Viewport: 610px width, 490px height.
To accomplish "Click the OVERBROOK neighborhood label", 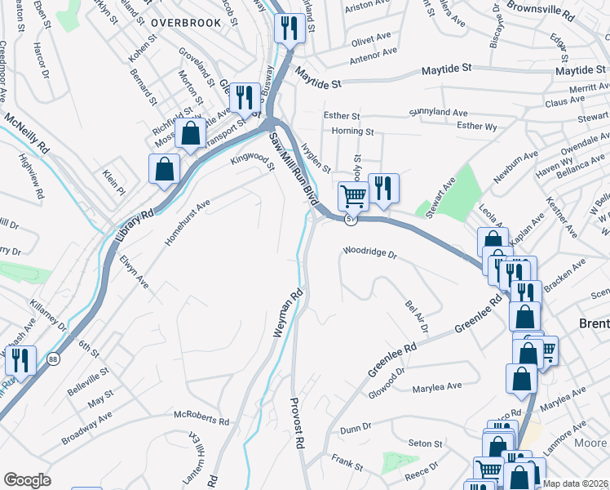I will coord(185,23).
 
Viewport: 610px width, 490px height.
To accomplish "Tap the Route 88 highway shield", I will coord(54,359).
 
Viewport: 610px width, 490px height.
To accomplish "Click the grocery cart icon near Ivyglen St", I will coord(353,196).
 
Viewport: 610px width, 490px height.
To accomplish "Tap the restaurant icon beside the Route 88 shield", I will coord(20,360).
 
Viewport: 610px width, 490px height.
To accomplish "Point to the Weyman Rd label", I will coord(287,313).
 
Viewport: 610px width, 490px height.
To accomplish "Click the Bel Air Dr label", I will coord(417,316).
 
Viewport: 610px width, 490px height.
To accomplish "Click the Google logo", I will coord(27,480).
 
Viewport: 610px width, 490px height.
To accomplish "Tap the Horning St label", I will coord(352,131).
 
